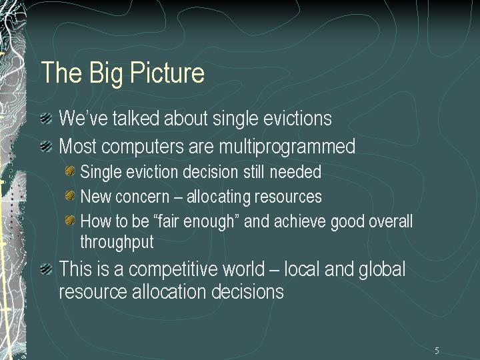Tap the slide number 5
point(437,350)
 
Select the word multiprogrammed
point(287,147)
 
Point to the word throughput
point(117,242)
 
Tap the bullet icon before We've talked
point(46,118)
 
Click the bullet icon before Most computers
point(46,146)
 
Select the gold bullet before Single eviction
point(70,171)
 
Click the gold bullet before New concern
point(70,195)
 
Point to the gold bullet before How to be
point(70,220)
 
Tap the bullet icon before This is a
point(46,269)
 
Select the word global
point(382,270)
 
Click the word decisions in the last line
point(247,291)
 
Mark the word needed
point(295,172)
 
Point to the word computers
point(143,147)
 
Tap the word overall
point(391,221)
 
